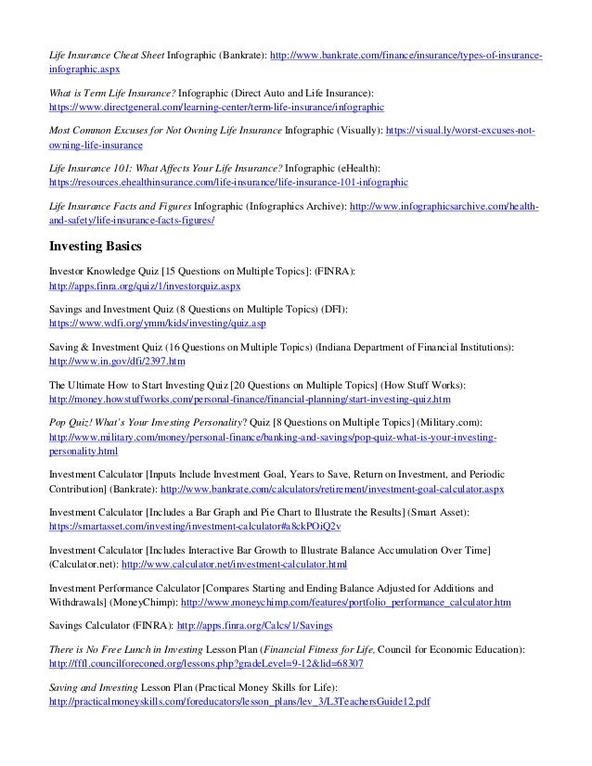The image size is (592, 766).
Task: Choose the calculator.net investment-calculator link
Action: (x=235, y=563)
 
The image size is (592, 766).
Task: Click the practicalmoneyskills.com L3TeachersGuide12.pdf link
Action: (x=239, y=703)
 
